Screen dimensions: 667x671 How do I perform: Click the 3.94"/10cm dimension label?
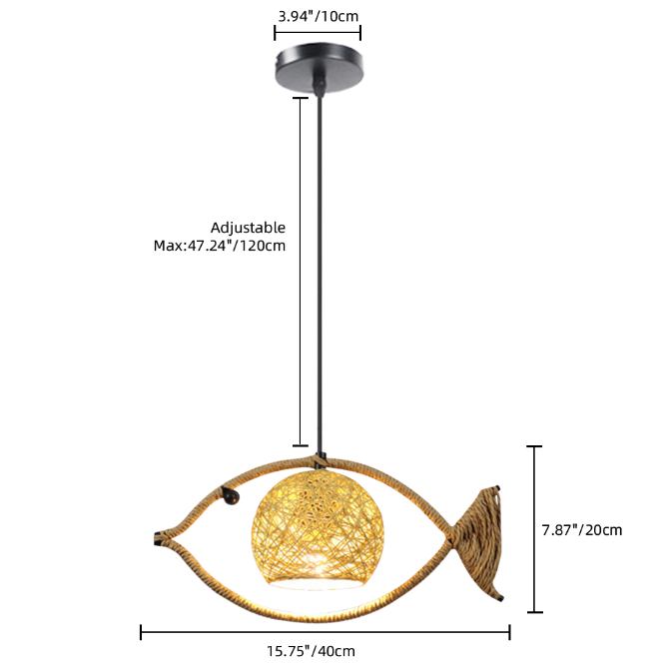pos(319,17)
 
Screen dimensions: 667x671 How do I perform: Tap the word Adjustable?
pos(248,228)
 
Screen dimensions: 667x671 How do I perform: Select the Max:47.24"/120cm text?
pos(220,246)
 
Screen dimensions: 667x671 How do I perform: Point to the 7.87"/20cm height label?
pos(582,530)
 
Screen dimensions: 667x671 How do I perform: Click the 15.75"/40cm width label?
pos(312,651)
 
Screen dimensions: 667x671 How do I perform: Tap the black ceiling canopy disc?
pos(320,67)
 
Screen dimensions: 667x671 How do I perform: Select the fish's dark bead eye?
pos(231,497)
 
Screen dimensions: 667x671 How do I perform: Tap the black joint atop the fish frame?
pos(320,460)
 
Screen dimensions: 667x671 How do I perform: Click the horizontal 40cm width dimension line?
pos(326,632)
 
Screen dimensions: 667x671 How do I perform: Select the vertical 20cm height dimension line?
pos(534,529)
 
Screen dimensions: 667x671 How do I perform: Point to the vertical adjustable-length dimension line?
pos(301,272)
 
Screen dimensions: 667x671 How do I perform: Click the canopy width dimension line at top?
pos(318,32)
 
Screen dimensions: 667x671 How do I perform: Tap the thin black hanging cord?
pos(319,274)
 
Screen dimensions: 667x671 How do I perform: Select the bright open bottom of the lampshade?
pos(318,582)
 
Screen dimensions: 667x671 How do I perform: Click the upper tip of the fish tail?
pos(496,488)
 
